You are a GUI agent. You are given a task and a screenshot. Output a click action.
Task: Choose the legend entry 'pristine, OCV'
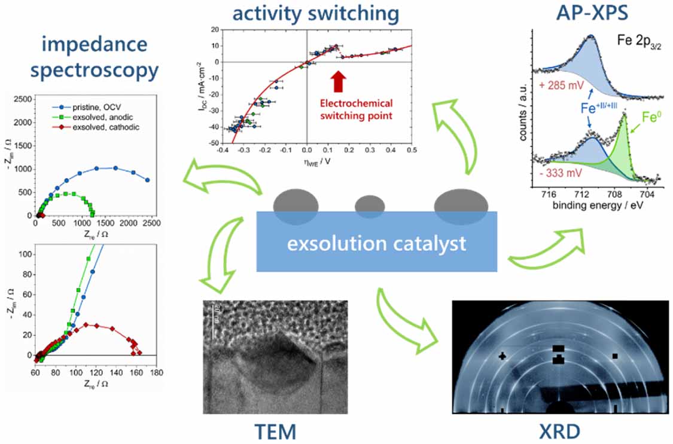coord(90,111)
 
